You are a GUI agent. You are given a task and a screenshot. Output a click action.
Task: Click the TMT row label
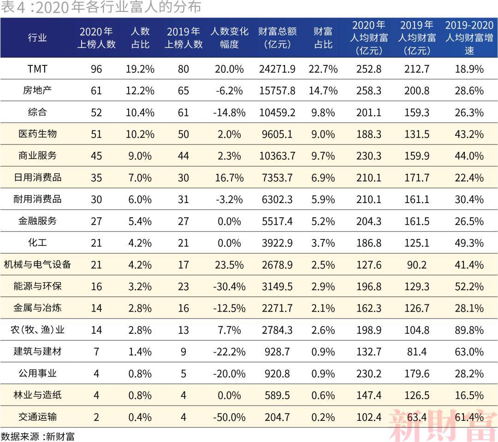[x=37, y=69]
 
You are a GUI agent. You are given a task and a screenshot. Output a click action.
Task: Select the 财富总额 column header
[x=277, y=38]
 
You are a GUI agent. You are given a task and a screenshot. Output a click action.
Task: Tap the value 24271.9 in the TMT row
[x=277, y=69]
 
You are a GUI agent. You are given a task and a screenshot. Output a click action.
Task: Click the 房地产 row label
[x=37, y=90]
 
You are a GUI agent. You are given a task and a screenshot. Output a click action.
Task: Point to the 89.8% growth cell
[x=469, y=330]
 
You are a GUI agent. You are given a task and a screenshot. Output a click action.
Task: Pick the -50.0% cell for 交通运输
[x=229, y=417]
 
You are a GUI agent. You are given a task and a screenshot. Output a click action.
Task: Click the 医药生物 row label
[x=37, y=134]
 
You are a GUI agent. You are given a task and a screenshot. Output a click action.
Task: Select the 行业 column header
[x=37, y=38]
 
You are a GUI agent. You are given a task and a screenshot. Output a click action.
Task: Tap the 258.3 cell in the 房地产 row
[x=369, y=91]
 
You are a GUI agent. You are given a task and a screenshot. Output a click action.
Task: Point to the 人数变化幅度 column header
[x=229, y=38]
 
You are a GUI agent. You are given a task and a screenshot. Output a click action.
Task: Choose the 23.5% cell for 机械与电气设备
[x=229, y=265]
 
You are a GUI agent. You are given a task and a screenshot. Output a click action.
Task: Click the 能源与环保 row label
[x=37, y=286]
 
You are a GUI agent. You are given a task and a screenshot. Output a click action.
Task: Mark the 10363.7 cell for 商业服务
[x=277, y=156]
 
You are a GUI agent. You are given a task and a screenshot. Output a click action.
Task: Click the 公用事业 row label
[x=37, y=373]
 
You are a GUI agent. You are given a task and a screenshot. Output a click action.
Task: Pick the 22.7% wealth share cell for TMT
[x=323, y=69]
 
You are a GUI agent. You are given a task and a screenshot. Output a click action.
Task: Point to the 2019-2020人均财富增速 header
[x=469, y=38]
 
